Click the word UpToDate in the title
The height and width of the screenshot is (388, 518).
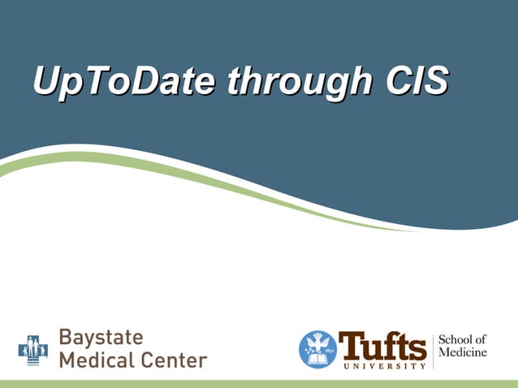pos(126,81)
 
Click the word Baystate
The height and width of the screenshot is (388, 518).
pos(101,337)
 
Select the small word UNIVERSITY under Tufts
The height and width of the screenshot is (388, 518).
pos(382,366)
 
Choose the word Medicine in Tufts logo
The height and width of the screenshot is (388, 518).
pos(463,353)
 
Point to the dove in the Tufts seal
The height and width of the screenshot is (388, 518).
pos(317,341)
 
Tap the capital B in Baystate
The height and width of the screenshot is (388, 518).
pos(66,337)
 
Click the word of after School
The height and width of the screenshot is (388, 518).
pos(481,339)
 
